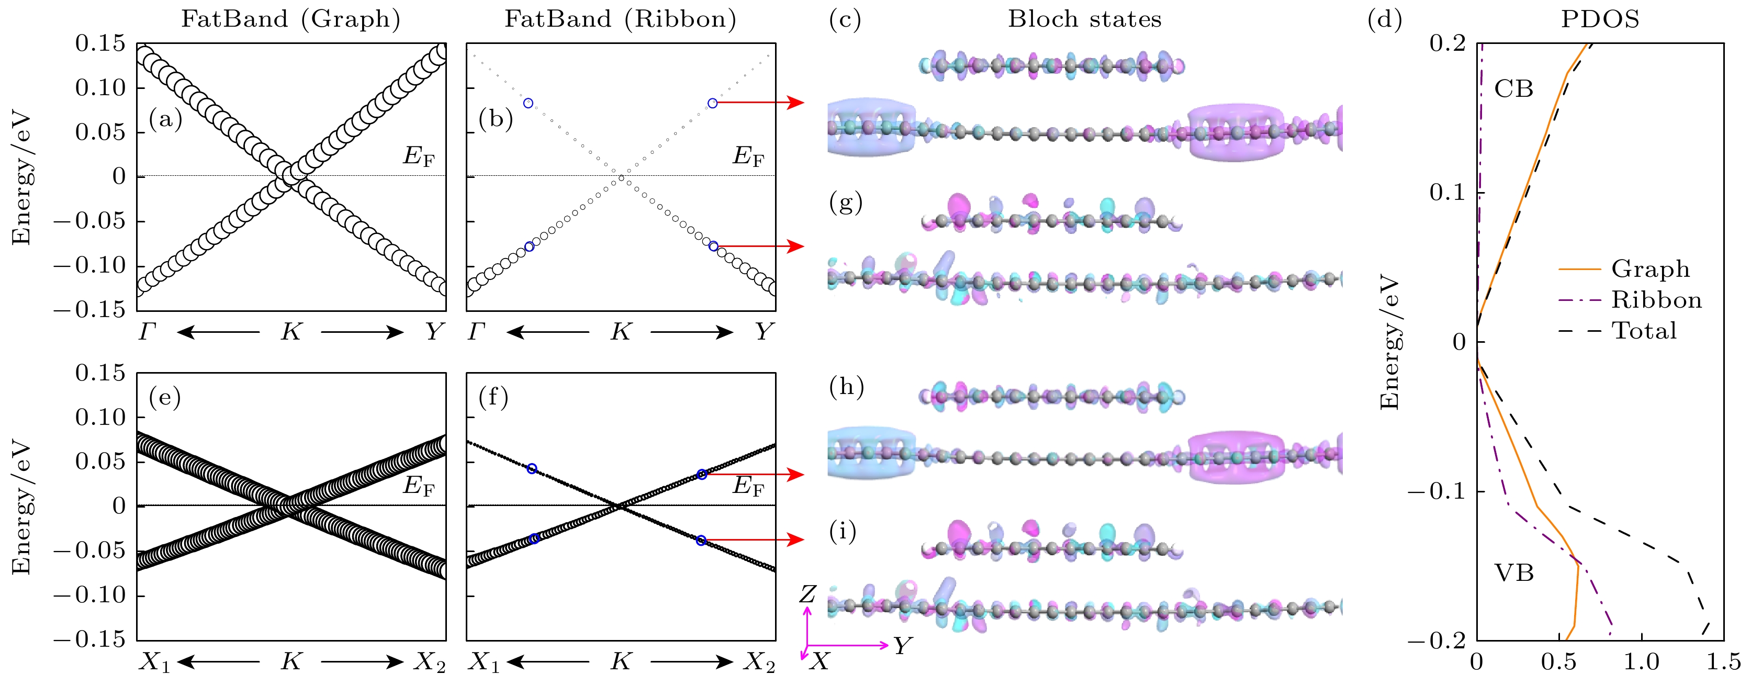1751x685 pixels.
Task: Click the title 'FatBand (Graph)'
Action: click(290, 19)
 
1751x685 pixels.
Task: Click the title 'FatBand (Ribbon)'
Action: click(620, 19)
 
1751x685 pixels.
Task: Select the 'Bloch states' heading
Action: click(1084, 19)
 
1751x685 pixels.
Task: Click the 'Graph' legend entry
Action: click(1651, 269)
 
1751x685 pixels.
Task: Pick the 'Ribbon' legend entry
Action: click(1656, 300)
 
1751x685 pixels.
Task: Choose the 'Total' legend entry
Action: click(1644, 331)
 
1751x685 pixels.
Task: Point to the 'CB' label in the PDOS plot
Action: click(1514, 89)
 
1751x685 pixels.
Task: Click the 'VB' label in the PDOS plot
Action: click(1514, 573)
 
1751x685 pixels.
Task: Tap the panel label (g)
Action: click(846, 203)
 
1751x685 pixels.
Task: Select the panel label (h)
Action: click(846, 387)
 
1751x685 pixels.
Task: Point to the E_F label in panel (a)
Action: click(418, 157)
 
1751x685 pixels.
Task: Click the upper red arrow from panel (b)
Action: click(761, 103)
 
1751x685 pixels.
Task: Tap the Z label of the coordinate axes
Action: click(807, 594)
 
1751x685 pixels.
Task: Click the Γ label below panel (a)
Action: click(148, 332)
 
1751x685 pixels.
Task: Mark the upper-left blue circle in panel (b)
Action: click(528, 103)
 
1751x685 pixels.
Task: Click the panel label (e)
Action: click(164, 397)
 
